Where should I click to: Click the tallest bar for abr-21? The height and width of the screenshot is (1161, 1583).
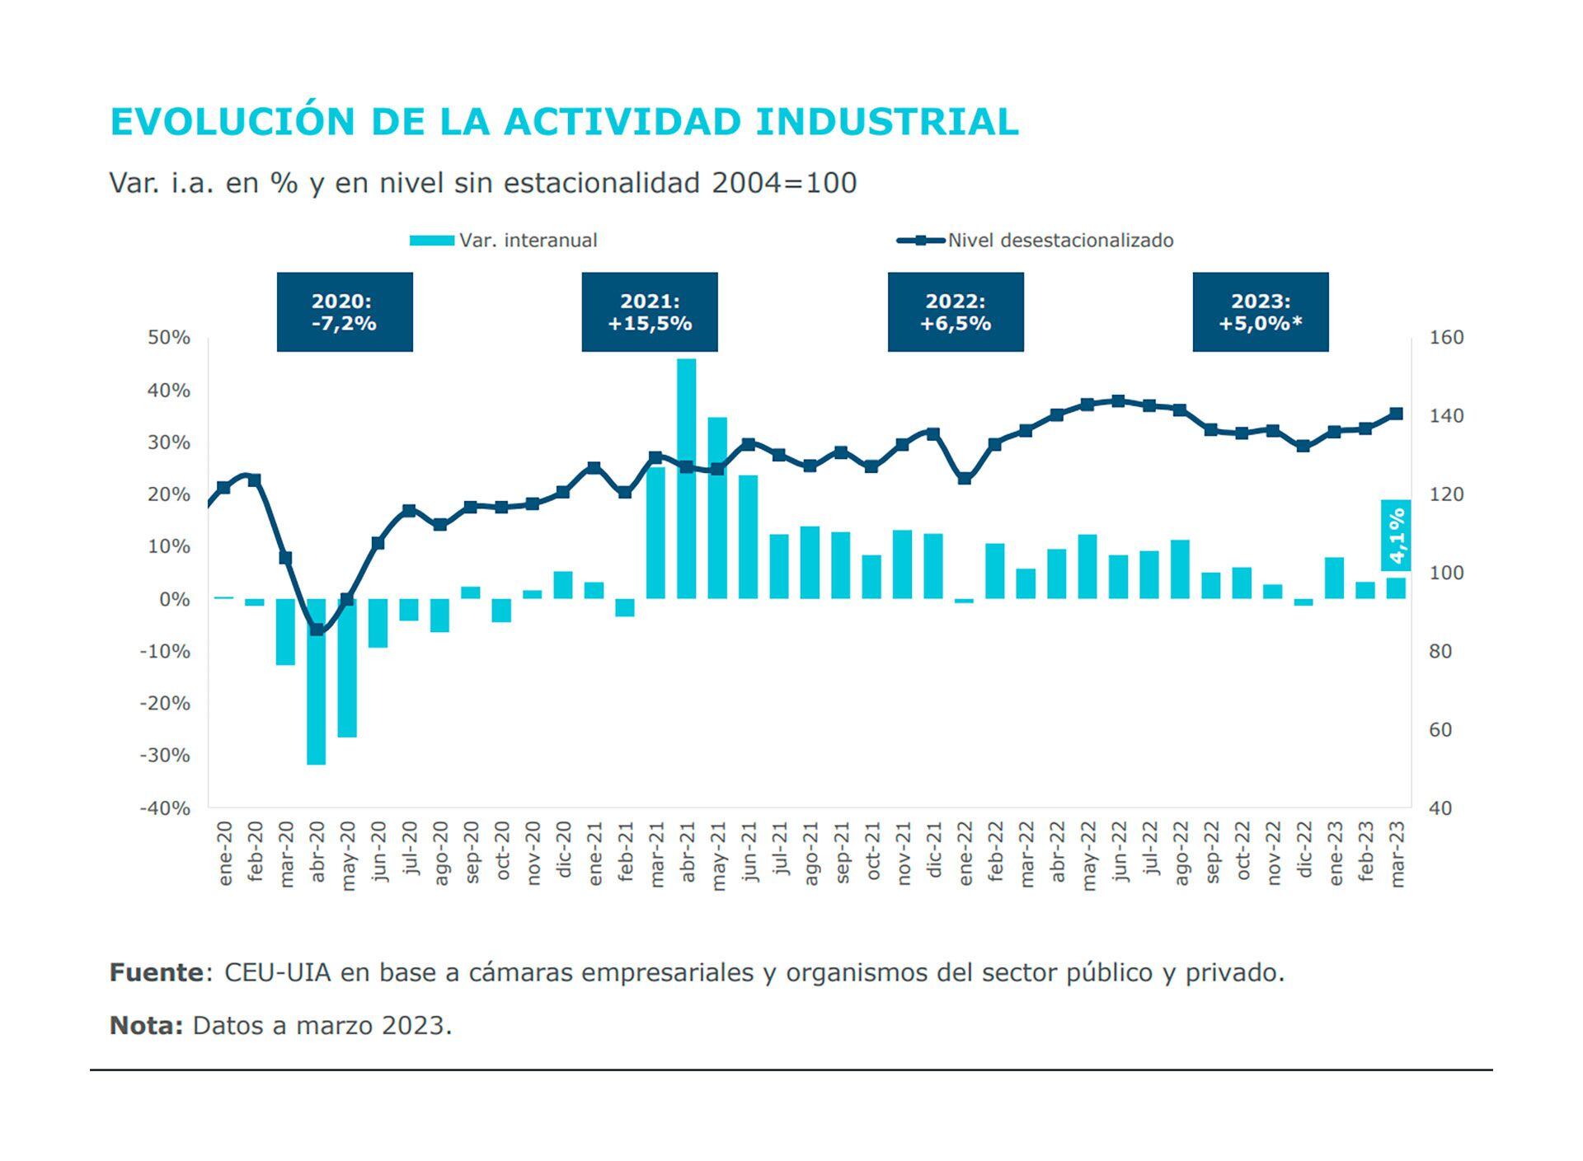tap(686, 478)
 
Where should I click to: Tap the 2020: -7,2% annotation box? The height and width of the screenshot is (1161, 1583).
tap(345, 312)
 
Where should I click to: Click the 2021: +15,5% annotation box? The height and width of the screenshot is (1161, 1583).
tap(650, 312)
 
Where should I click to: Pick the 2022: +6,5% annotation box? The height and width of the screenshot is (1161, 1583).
tap(956, 312)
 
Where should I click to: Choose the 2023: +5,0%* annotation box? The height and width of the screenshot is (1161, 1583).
tap(1261, 312)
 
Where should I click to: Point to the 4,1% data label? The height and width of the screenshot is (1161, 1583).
tap(1396, 536)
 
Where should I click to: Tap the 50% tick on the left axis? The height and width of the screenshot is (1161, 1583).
tap(169, 338)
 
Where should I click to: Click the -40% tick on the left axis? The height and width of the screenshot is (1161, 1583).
tap(166, 808)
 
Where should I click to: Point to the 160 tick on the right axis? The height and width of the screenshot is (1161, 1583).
tap(1446, 338)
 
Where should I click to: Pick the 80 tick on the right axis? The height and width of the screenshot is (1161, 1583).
tap(1440, 652)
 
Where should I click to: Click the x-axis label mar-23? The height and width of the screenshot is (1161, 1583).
tap(1397, 854)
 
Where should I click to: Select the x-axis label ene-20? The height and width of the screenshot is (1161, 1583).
tap(225, 854)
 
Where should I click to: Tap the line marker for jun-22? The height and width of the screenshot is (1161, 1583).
tap(1118, 401)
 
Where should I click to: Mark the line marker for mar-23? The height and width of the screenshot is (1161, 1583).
tap(1397, 414)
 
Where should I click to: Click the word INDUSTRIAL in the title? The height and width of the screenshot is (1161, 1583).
tap(887, 122)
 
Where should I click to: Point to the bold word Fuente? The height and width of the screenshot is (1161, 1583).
tap(157, 973)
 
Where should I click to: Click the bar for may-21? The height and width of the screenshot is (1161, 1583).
tap(717, 508)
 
